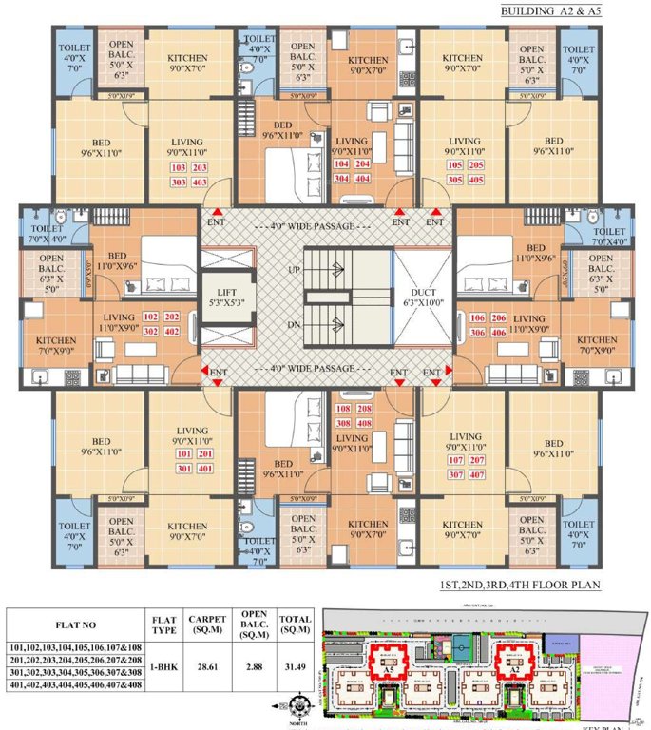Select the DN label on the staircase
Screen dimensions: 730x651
(295, 324)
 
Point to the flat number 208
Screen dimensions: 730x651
(364, 409)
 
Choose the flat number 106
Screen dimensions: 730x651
(475, 317)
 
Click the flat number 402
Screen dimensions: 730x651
(172, 332)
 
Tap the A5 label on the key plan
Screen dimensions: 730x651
(389, 668)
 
